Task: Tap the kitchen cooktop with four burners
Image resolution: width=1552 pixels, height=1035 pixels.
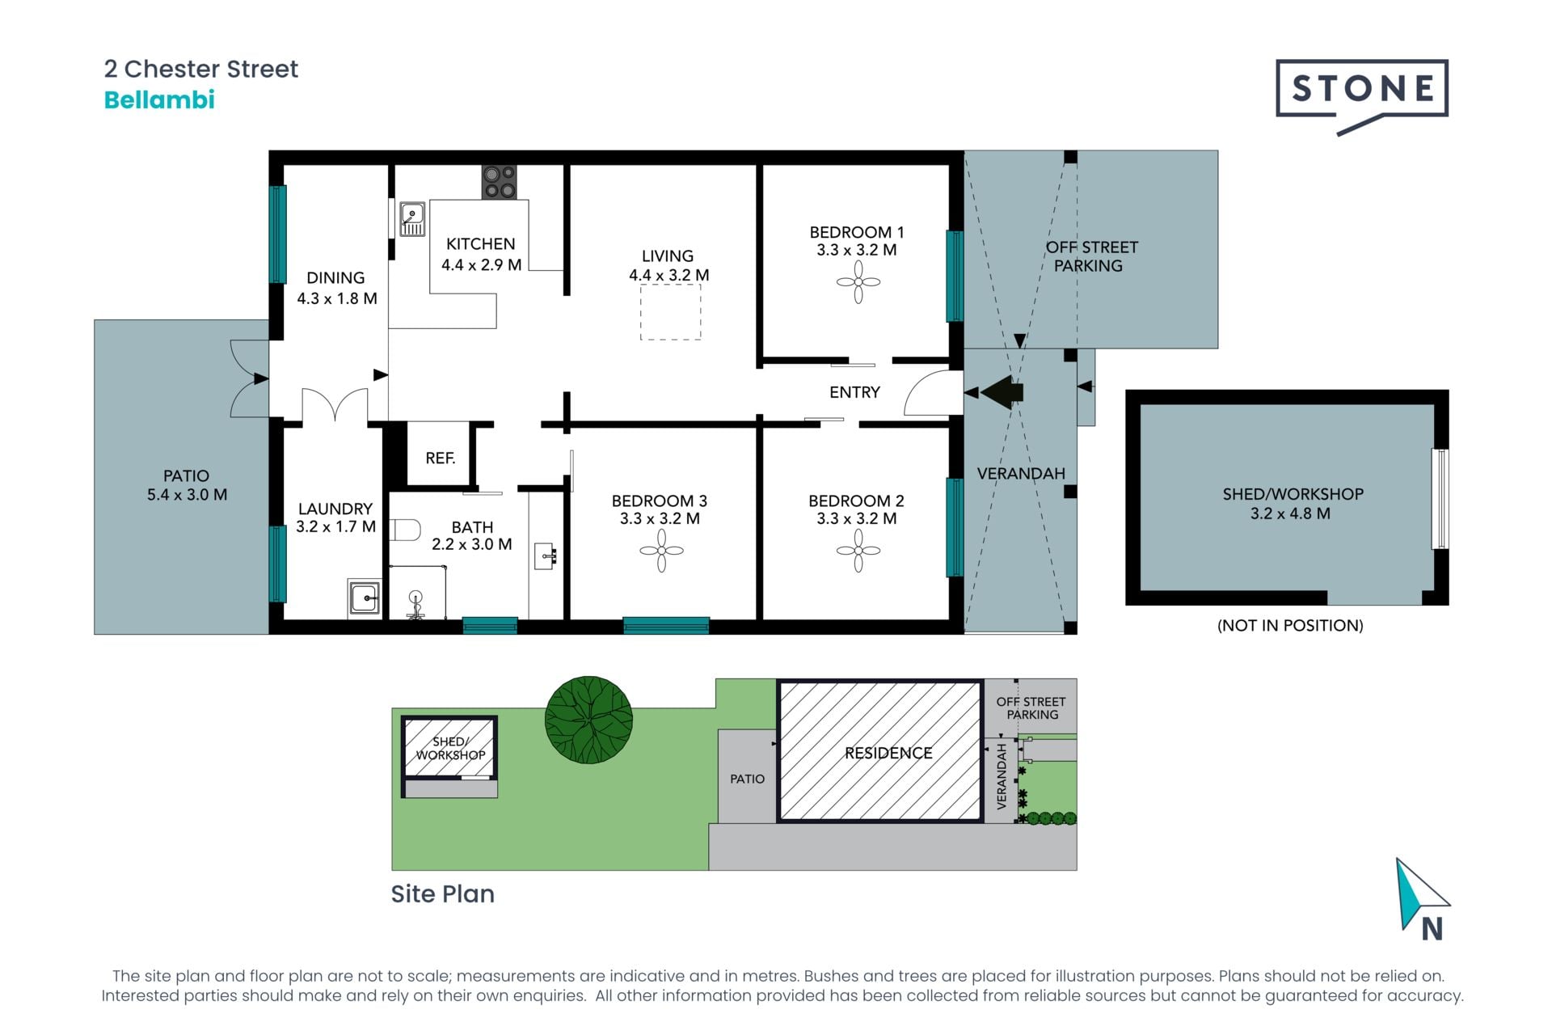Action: pyautogui.click(x=499, y=182)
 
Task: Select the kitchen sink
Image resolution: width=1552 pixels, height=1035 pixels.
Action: pyautogui.click(x=412, y=219)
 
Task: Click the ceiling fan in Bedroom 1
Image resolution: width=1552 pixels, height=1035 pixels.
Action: pyautogui.click(x=858, y=282)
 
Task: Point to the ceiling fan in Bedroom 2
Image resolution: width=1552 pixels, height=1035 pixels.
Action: pyautogui.click(x=858, y=551)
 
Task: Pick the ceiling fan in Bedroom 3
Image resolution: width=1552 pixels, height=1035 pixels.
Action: pyautogui.click(x=661, y=551)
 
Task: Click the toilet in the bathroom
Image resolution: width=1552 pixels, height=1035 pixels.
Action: pyautogui.click(x=405, y=530)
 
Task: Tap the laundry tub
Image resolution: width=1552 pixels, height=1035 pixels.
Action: pyautogui.click(x=365, y=598)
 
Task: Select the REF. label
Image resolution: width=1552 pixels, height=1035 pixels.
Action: pyautogui.click(x=441, y=458)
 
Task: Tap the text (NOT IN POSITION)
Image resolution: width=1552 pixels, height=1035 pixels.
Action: pyautogui.click(x=1290, y=625)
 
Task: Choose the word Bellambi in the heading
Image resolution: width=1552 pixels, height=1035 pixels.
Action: pyautogui.click(x=159, y=100)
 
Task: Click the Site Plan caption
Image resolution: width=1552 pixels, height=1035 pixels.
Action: pyautogui.click(x=442, y=893)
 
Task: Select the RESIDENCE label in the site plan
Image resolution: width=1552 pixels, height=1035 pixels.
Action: pyautogui.click(x=888, y=753)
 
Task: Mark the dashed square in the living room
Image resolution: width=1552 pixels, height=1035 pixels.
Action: pyautogui.click(x=671, y=312)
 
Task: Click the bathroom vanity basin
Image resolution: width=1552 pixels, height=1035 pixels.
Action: pyautogui.click(x=546, y=556)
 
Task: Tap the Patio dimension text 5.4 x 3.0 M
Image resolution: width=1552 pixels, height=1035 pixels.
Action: pyautogui.click(x=187, y=495)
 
